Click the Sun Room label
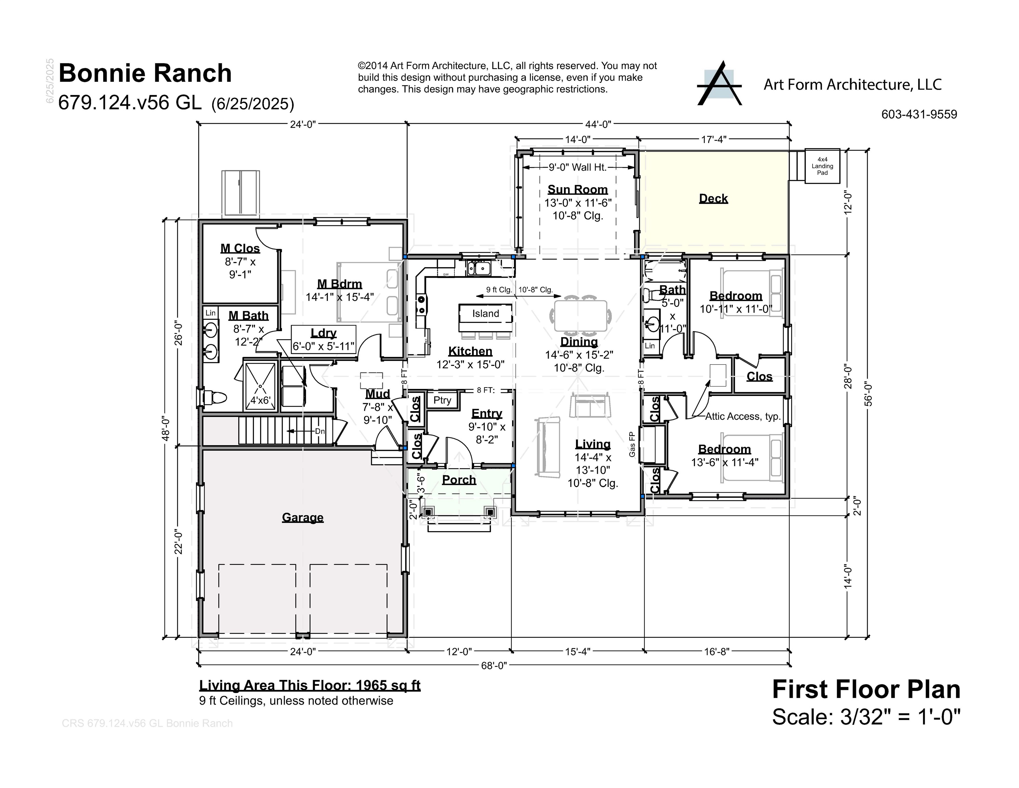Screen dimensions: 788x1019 pos(578,189)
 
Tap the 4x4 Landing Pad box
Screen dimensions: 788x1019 pos(822,166)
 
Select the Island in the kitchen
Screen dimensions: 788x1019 pos(485,314)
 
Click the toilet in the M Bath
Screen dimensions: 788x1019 pos(215,398)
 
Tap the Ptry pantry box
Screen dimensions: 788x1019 pos(442,400)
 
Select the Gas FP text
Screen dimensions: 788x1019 pos(632,444)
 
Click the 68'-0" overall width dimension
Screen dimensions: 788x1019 pos(494,666)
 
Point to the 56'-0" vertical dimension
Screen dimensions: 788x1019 pos(868,394)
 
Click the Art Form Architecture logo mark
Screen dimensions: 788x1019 pos(719,84)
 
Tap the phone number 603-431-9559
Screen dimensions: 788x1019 pos(919,114)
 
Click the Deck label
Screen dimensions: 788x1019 pos(713,198)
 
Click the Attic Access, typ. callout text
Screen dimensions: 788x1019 pos(743,417)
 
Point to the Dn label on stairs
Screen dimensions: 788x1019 pos(320,431)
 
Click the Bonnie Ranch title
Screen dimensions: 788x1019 pos(145,73)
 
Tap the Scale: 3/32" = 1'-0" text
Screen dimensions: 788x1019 pos(866,717)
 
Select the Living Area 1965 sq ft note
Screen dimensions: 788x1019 pos(310,685)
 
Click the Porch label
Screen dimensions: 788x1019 pos(459,480)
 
